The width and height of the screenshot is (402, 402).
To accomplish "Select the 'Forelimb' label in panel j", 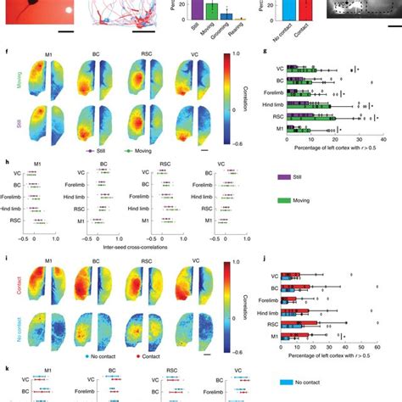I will point(267,300).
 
